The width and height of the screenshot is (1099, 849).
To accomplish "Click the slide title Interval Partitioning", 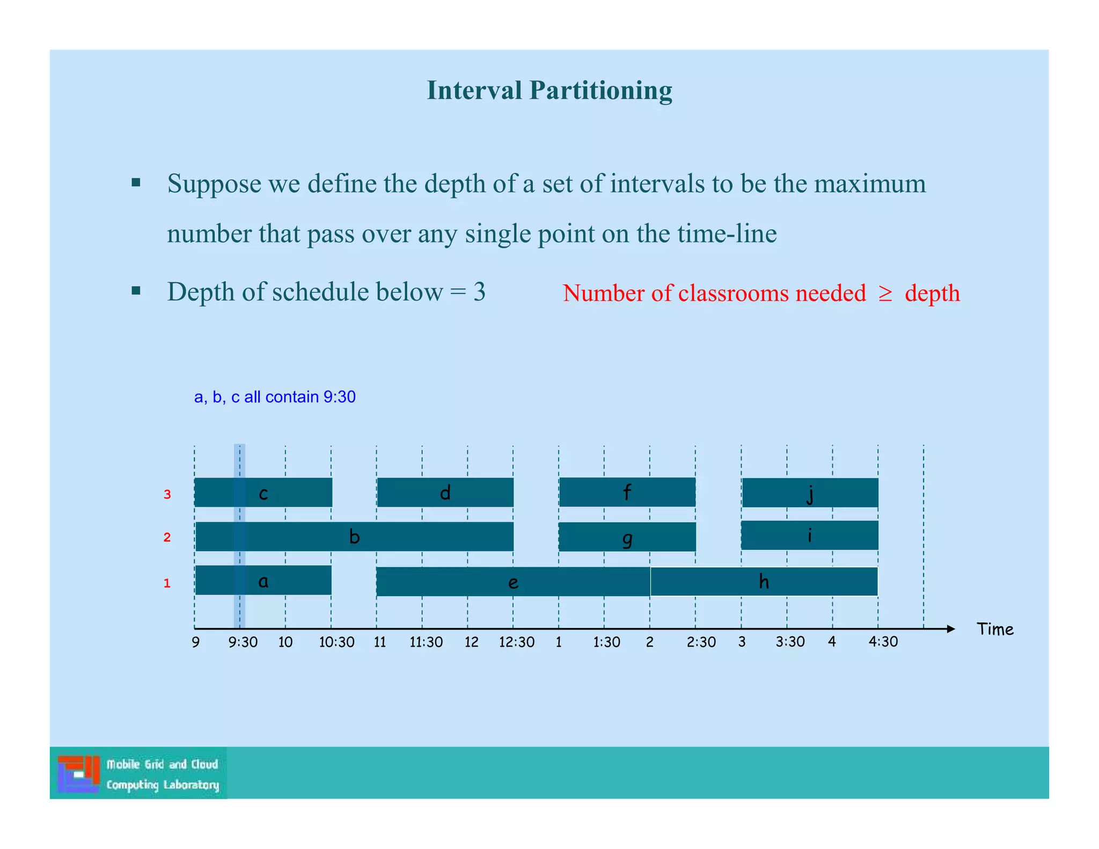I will (549, 90).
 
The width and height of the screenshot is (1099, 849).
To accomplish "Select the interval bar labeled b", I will (354, 536).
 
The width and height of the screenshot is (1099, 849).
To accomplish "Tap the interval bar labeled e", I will (512, 582).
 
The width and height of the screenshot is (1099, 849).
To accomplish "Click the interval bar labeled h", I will (764, 582).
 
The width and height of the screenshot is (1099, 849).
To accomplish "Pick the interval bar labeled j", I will (810, 493).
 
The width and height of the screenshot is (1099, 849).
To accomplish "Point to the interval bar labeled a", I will (263, 580).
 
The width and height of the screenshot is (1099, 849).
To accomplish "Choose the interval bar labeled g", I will (627, 537).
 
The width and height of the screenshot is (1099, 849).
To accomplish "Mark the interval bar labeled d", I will (445, 492).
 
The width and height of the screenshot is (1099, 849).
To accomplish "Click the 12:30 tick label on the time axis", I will (516, 642).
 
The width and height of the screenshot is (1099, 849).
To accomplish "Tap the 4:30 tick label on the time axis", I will (883, 642).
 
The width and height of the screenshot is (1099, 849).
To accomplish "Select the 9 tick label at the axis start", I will (196, 642).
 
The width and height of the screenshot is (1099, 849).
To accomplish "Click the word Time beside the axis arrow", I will (995, 629).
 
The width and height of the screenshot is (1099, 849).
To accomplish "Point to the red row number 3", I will (167, 494).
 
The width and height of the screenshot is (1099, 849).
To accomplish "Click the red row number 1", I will (167, 583).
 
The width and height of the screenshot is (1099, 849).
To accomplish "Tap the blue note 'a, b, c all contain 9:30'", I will (275, 397).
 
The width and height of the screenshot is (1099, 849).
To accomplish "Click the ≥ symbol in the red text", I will (885, 294).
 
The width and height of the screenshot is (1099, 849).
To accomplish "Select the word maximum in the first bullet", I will (869, 184).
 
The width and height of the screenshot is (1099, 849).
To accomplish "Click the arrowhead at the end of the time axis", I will (951, 629).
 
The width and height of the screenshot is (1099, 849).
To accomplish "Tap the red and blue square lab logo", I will (79, 773).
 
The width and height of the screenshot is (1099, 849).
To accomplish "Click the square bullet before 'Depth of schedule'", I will (136, 291).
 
